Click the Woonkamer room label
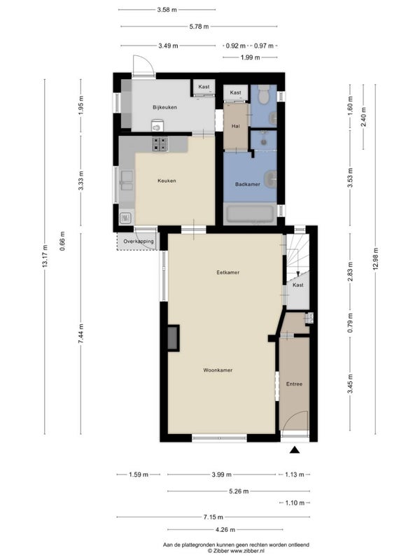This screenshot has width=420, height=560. (218, 370)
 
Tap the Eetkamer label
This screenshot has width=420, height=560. (228, 272)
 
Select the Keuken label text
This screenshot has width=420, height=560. (167, 181)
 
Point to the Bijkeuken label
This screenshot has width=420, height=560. (164, 107)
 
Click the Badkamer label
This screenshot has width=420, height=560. (248, 184)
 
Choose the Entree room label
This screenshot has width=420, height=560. (294, 384)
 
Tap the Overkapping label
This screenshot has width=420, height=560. (139, 241)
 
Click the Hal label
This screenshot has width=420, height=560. (235, 126)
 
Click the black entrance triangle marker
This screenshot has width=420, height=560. (294, 449)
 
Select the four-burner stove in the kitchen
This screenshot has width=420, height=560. (160, 144)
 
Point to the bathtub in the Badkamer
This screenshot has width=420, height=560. (250, 214)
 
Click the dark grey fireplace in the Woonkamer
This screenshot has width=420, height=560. (174, 337)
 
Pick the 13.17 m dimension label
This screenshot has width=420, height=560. (45, 256)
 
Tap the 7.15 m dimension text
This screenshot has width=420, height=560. (213, 517)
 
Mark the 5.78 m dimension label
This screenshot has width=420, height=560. (199, 26)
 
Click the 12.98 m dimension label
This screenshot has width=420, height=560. (375, 259)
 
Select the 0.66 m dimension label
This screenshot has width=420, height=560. (62, 241)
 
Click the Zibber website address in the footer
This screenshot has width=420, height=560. (249, 551)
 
